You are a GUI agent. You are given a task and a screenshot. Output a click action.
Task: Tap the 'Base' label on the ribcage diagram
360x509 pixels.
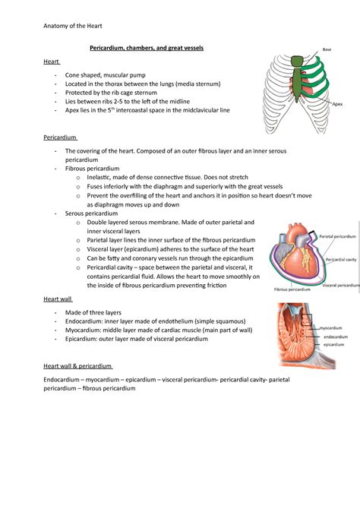coord(327,49)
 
